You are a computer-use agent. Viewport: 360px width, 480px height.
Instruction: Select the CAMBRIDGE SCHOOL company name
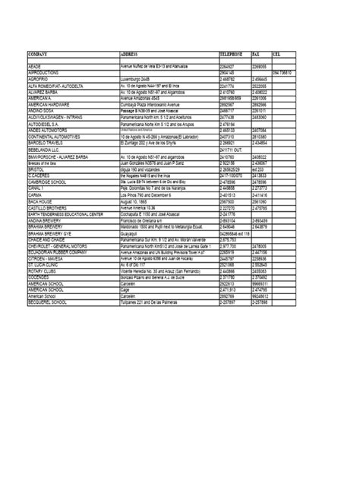(49, 183)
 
